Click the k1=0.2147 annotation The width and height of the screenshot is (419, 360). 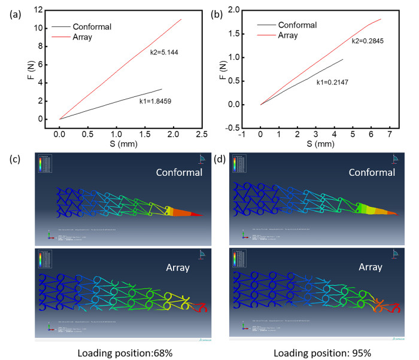click(x=333, y=82)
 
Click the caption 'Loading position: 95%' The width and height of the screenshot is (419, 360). click(x=328, y=352)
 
